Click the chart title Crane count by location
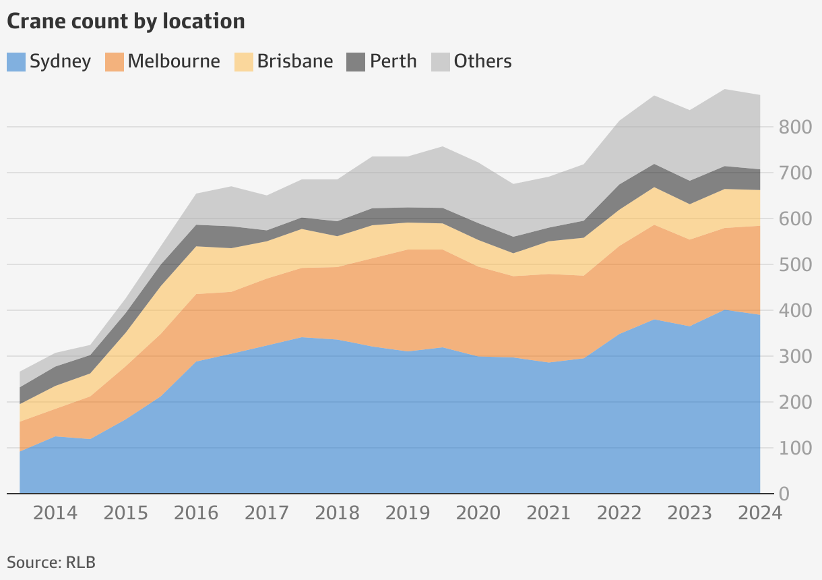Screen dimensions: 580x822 click(125, 21)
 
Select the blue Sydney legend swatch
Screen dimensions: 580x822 click(16, 61)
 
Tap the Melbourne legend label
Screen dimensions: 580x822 click(173, 61)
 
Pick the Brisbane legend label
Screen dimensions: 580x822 click(294, 61)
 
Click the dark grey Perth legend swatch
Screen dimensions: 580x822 click(356, 61)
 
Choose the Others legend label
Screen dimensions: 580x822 click(482, 61)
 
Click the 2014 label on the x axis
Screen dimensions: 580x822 click(55, 513)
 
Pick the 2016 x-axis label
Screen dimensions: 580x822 click(196, 513)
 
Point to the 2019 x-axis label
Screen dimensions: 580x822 click(408, 513)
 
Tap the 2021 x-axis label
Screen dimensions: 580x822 click(548, 513)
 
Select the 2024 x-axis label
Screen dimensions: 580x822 click(759, 513)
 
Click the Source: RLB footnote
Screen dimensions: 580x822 click(51, 562)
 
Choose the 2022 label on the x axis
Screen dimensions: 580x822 click(619, 513)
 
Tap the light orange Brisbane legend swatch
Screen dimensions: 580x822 click(244, 61)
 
